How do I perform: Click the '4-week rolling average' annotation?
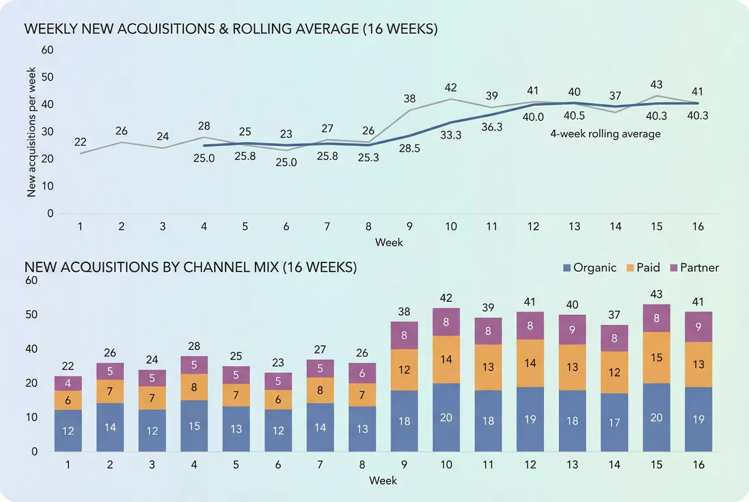[x=605, y=134]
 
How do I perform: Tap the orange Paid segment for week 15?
[x=657, y=357]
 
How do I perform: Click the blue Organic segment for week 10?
[x=446, y=417]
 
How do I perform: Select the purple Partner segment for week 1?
[x=68, y=383]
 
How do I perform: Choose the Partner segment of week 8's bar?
[x=362, y=372]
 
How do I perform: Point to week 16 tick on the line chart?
[x=698, y=227]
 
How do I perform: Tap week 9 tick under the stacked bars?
[x=404, y=465]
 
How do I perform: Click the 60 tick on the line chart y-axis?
[x=48, y=50]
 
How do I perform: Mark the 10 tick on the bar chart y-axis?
[x=31, y=417]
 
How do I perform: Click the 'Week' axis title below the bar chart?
[x=383, y=480]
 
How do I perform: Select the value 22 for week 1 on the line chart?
[x=80, y=142]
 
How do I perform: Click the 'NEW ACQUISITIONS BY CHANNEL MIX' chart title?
[x=191, y=268]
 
